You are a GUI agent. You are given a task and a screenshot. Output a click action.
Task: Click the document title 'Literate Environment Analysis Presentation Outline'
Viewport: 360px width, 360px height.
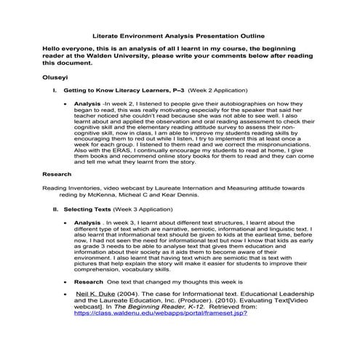pos(180,34)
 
